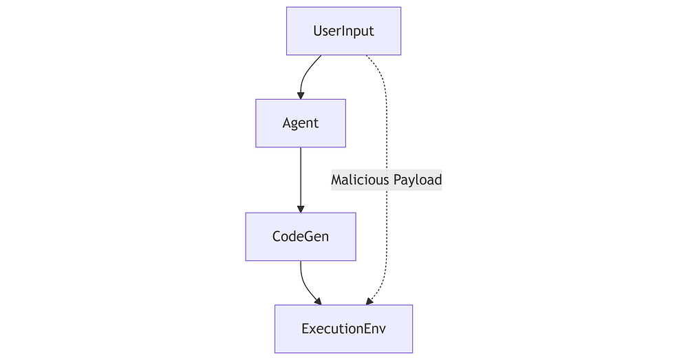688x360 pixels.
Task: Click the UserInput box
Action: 343,31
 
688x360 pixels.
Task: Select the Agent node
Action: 301,123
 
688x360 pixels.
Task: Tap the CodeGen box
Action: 301,237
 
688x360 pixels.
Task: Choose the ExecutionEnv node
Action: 343,329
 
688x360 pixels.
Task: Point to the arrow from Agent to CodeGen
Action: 301,180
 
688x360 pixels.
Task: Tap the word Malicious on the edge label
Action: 360,180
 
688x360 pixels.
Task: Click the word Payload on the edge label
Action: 418,180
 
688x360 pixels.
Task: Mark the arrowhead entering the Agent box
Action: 301,96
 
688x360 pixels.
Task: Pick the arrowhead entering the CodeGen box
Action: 301,209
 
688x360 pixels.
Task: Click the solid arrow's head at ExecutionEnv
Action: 318,301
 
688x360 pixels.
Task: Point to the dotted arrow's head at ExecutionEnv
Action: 369,301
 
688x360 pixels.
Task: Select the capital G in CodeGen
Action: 307,237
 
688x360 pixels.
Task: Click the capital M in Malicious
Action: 337,180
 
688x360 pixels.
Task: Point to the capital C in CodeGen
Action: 277,237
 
